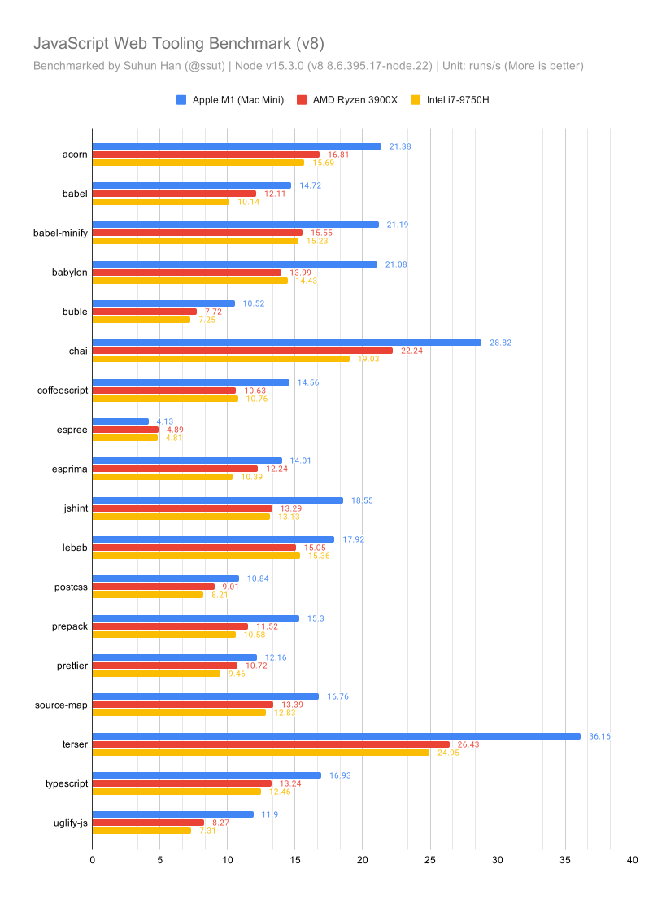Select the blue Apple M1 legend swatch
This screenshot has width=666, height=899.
click(x=181, y=100)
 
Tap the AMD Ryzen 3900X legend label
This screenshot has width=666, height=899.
click(x=355, y=100)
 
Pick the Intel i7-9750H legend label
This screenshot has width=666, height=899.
click(x=458, y=100)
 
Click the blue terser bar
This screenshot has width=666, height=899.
click(x=337, y=736)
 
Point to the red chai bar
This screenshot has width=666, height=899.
click(x=242, y=351)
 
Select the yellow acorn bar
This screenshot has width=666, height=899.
click(x=198, y=163)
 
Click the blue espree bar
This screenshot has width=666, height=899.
click(x=120, y=421)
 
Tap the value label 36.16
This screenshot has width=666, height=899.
click(x=599, y=736)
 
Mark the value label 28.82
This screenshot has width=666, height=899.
click(x=500, y=343)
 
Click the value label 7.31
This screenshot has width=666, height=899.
click(x=207, y=831)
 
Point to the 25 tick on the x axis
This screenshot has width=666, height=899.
click(x=430, y=859)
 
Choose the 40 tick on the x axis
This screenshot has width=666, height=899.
click(x=632, y=859)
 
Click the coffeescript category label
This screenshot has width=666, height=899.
click(x=63, y=391)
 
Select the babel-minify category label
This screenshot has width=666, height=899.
click(x=60, y=233)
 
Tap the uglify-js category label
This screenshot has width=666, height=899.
click(x=71, y=823)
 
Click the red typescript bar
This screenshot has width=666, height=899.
click(x=181, y=783)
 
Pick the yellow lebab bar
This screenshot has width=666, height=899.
click(x=196, y=556)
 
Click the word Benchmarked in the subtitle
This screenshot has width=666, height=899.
click(x=69, y=66)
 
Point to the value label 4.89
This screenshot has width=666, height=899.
click(x=175, y=430)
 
